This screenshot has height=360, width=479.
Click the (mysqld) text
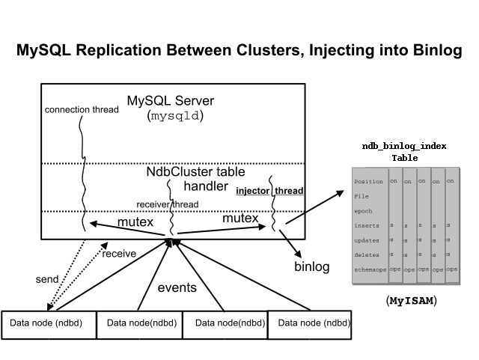pyautogui.click(x=177, y=116)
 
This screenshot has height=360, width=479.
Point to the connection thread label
pyautogui.click(x=82, y=109)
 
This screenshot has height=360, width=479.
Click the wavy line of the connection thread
pyautogui.click(x=81, y=172)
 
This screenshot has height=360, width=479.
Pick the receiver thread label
pyautogui.click(x=167, y=204)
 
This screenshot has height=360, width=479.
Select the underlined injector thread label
pyautogui.click(x=269, y=191)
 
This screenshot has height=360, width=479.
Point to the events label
pyautogui.click(x=177, y=287)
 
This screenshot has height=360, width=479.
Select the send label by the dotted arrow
pyautogui.click(x=47, y=279)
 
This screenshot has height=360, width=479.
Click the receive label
pyautogui.click(x=119, y=254)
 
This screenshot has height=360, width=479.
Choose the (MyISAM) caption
pyautogui.click(x=411, y=301)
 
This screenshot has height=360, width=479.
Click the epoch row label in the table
pyautogui.click(x=363, y=210)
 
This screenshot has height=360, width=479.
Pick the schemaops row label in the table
pyautogui.click(x=370, y=269)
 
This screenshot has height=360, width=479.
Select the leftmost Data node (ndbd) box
pyautogui.click(x=48, y=324)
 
